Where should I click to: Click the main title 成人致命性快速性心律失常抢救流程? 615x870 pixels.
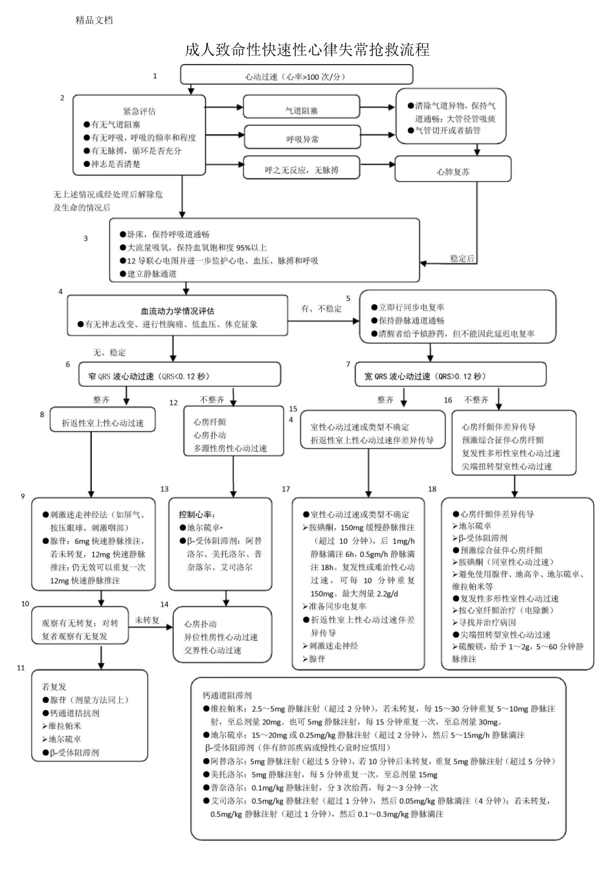307,50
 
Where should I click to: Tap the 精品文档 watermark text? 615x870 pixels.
94,20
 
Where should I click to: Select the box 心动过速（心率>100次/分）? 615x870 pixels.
295,76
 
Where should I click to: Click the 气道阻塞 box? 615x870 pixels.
301,111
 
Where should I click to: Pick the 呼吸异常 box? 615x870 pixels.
302,139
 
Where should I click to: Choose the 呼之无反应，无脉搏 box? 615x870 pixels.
301,170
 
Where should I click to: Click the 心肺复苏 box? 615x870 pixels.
453,172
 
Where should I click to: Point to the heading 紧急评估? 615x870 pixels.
139,111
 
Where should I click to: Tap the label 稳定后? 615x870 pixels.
462,258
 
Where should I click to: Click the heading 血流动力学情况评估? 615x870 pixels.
177,311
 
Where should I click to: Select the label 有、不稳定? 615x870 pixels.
321,309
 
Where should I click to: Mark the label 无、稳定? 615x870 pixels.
109,353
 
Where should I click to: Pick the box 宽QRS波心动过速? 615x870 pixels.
451,376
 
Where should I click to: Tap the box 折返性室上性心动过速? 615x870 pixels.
102,423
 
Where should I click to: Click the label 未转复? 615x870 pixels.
147,620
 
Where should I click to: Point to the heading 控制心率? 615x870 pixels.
197,515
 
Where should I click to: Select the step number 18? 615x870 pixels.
432,489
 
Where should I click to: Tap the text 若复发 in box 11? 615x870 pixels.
54,686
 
